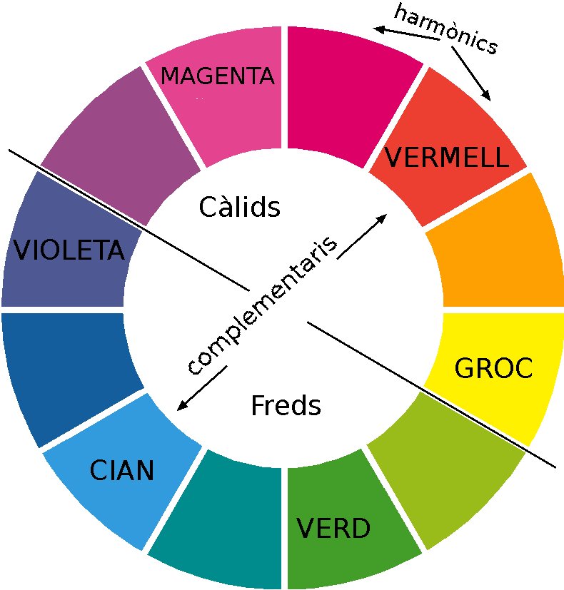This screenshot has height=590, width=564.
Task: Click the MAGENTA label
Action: [x=218, y=76]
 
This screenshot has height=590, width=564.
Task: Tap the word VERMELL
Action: [x=447, y=158]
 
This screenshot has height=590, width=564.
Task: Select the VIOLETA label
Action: [x=69, y=250]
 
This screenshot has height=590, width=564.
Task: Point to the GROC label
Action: [x=493, y=368]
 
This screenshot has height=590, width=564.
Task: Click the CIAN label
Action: [x=121, y=471]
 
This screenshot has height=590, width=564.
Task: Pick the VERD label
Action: [x=333, y=529]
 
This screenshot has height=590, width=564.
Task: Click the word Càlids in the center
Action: [x=239, y=208]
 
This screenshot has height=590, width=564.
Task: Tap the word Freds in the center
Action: [x=286, y=406]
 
